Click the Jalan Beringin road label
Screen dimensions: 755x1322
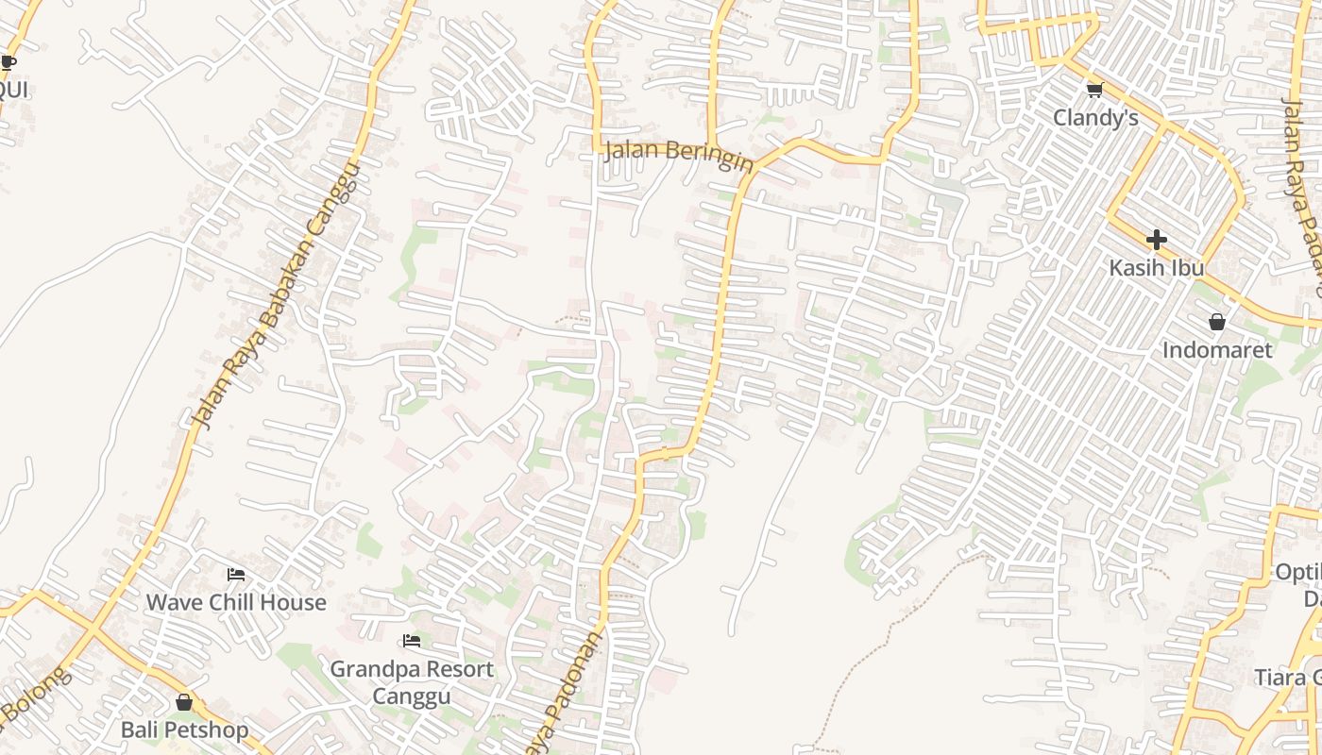click(x=679, y=155)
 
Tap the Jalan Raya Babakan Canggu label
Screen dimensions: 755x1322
click(x=276, y=294)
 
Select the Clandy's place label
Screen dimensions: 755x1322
click(x=1095, y=118)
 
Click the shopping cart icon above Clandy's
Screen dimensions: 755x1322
click(x=1094, y=91)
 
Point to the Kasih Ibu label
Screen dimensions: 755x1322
click(x=1156, y=268)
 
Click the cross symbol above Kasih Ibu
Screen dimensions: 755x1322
click(x=1156, y=240)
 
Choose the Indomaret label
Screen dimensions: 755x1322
click(x=1217, y=350)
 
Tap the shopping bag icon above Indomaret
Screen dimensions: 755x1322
click(x=1217, y=323)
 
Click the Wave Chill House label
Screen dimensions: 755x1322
click(x=236, y=602)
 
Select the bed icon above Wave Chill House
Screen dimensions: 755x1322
click(x=236, y=574)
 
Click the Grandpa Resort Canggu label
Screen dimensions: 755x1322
click(x=412, y=682)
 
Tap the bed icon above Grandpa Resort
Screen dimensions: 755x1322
click(x=411, y=642)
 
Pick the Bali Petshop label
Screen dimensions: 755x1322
click(x=184, y=730)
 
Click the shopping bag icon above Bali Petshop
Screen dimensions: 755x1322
click(x=184, y=702)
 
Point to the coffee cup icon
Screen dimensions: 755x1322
click(x=8, y=63)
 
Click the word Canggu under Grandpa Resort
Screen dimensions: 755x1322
click(x=412, y=696)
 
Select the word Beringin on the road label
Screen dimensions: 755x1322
click(x=709, y=158)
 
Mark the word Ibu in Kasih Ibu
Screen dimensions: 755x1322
click(x=1188, y=268)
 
